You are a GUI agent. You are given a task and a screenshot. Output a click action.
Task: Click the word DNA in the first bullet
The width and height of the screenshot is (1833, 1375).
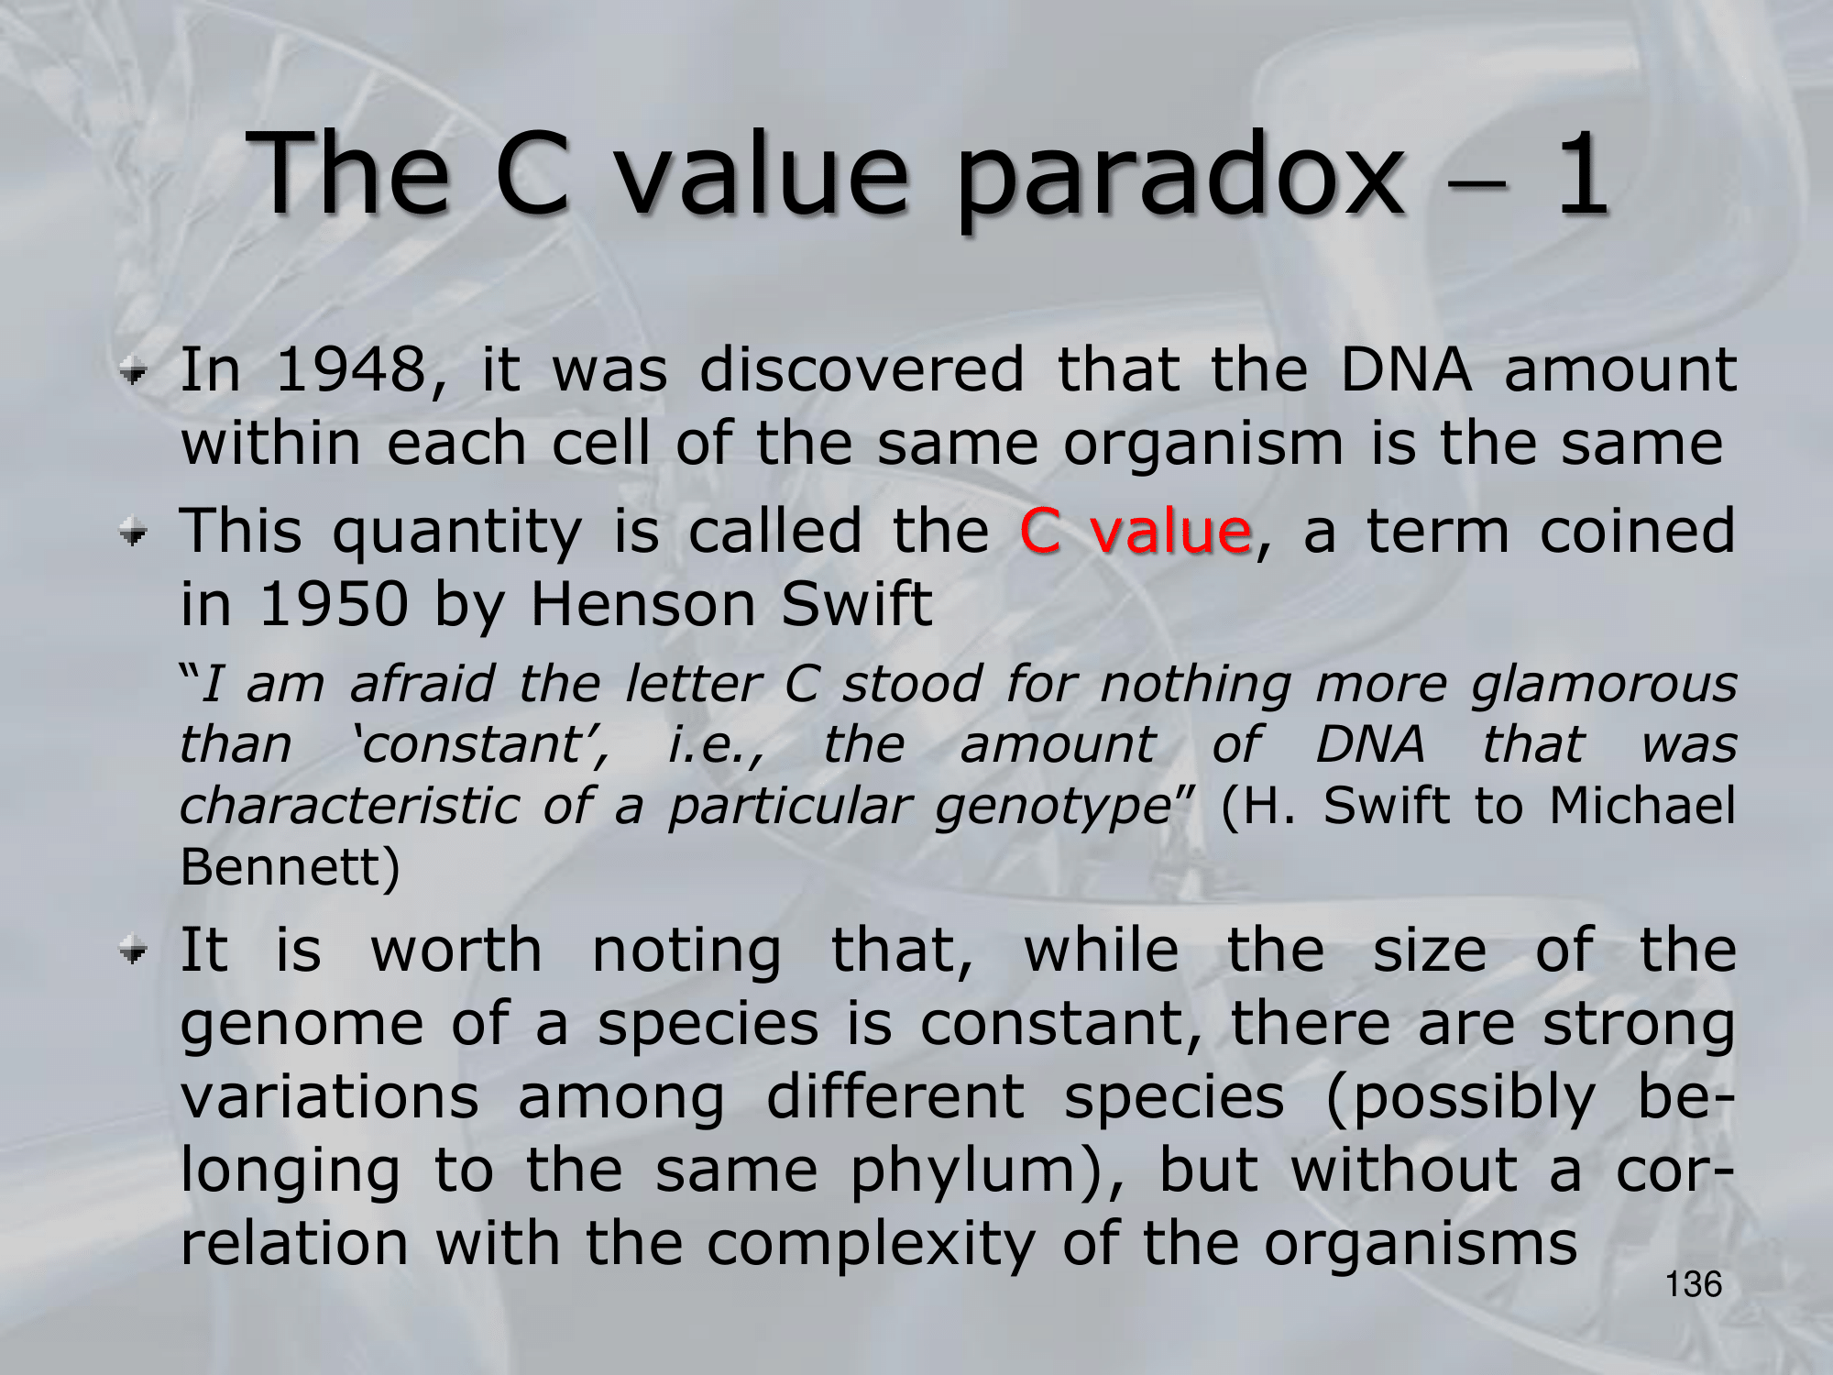coord(1406,369)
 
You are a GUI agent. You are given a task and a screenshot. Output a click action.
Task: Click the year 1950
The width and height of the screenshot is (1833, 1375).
coord(334,604)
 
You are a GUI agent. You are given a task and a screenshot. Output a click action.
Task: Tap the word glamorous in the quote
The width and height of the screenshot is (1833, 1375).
coord(1604,685)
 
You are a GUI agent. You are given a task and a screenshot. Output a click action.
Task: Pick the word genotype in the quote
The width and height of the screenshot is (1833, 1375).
coord(1053,807)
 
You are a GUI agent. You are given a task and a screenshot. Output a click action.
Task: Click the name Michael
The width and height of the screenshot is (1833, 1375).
coord(1642,805)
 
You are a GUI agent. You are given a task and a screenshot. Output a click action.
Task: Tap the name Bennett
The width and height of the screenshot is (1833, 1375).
coord(291,866)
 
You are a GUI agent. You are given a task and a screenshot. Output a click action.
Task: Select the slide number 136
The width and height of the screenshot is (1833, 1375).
coord(1694,1284)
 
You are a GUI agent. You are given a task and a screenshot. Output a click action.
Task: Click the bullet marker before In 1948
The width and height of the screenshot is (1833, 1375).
coord(134,372)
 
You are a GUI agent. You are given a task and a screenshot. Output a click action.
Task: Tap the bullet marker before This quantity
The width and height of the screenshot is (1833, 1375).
coord(134,533)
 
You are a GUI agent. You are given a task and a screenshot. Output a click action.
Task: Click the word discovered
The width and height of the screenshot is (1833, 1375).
coord(862,369)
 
